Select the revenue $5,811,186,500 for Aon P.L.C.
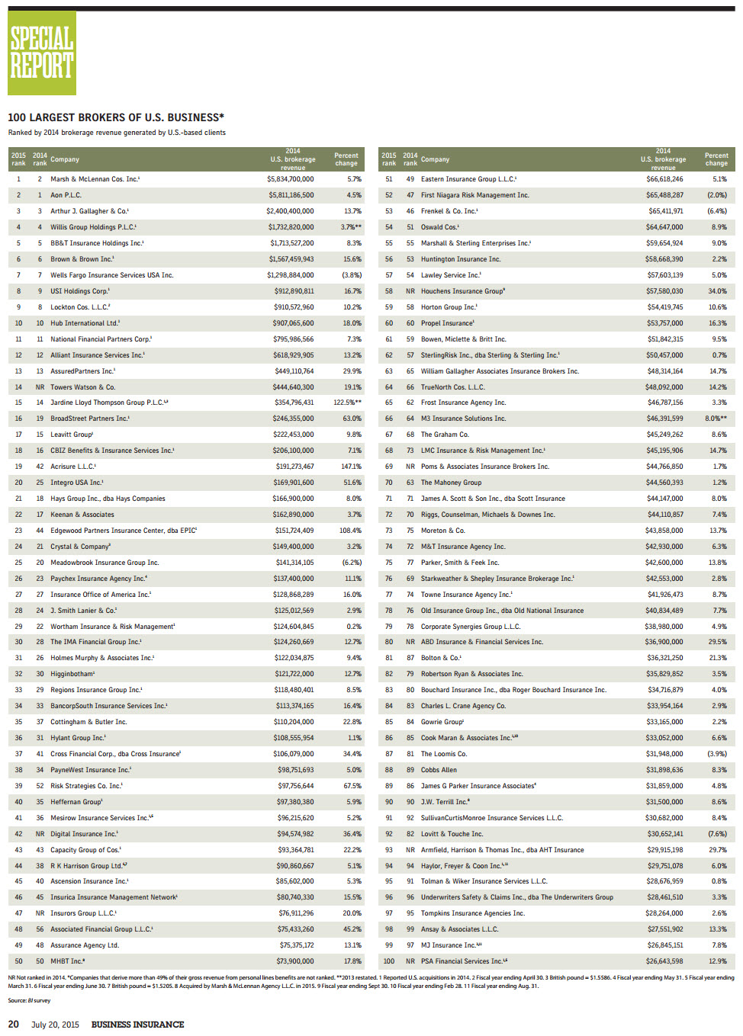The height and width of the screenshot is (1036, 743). point(290,195)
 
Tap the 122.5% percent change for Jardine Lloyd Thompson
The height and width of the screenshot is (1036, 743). point(347,403)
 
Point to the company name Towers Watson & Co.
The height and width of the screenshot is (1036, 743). point(82,387)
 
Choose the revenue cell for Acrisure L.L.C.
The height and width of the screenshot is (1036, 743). point(294,467)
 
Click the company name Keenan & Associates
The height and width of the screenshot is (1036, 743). point(82,515)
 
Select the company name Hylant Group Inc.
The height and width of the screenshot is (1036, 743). point(78,738)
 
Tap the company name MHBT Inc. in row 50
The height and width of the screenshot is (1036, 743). point(67,961)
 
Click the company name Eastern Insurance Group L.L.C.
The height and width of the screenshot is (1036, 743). point(468,179)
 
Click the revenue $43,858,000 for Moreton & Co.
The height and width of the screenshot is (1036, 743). point(664,531)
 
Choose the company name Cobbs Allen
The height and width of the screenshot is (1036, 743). point(439,770)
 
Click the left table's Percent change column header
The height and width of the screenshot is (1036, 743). point(346,159)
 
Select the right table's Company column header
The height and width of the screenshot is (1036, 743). point(435,159)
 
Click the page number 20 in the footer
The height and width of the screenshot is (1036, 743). point(14,1024)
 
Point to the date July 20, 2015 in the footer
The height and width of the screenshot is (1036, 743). point(55,1025)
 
